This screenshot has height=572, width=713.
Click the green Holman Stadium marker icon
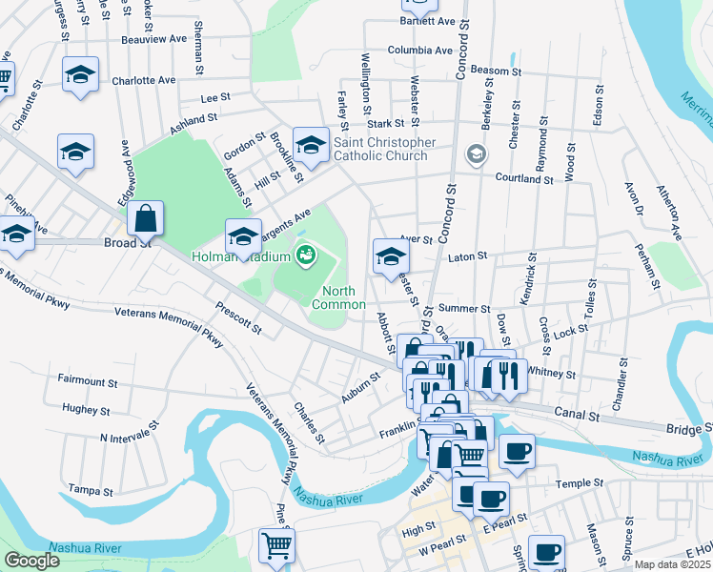306,254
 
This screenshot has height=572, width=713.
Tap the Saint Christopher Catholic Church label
384,150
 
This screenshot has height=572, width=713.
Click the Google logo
31,560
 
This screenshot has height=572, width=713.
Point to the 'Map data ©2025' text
673,564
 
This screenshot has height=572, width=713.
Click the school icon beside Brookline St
310,146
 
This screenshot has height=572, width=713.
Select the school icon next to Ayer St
390,256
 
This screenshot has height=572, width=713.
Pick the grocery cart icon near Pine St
276,545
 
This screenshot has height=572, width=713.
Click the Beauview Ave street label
154,39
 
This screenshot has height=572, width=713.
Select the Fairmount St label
87,381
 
